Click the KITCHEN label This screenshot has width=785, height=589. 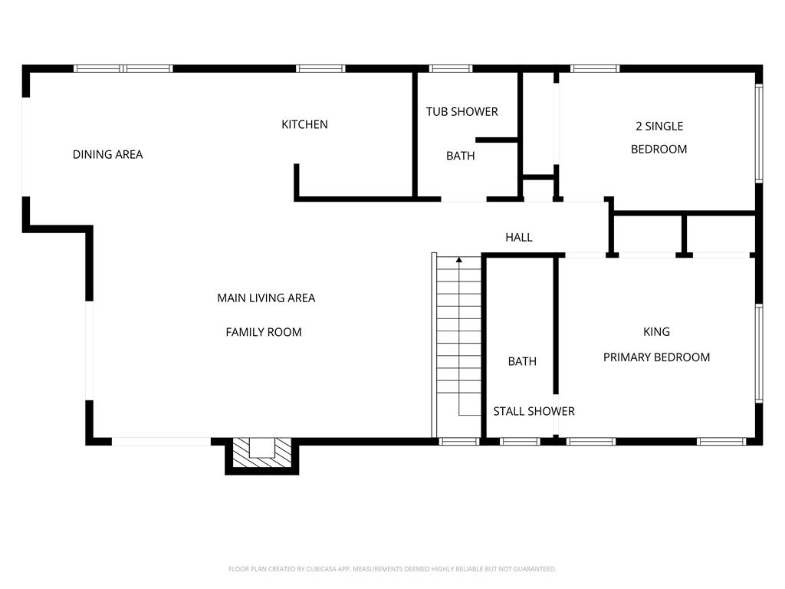pos(304,124)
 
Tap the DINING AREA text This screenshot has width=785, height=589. pos(107,154)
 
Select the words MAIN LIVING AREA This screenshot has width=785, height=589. pos(266,298)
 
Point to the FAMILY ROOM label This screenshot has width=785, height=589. pos(264,332)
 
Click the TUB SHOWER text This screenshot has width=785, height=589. pos(462,112)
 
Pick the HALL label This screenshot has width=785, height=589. pos(519,238)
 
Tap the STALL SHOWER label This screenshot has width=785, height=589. pos(534,411)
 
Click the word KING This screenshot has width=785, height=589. pos(656,331)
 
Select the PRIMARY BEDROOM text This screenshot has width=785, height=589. pos(656,357)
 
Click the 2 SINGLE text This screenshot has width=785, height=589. pos(659,127)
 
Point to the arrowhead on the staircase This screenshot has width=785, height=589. pos(459,259)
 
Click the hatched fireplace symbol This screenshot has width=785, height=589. pos(262,452)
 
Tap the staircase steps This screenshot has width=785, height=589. pos(459,346)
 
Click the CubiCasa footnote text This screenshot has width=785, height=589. pos(392,569)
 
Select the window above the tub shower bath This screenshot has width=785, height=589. pos(451,68)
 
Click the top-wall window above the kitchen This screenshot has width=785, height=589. pos(320,68)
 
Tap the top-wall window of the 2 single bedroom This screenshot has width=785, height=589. pos(595,68)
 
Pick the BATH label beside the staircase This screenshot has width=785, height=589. pos(522,361)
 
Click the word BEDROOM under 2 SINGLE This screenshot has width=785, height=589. pos(659,150)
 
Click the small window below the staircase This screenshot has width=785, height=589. pos(459,441)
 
